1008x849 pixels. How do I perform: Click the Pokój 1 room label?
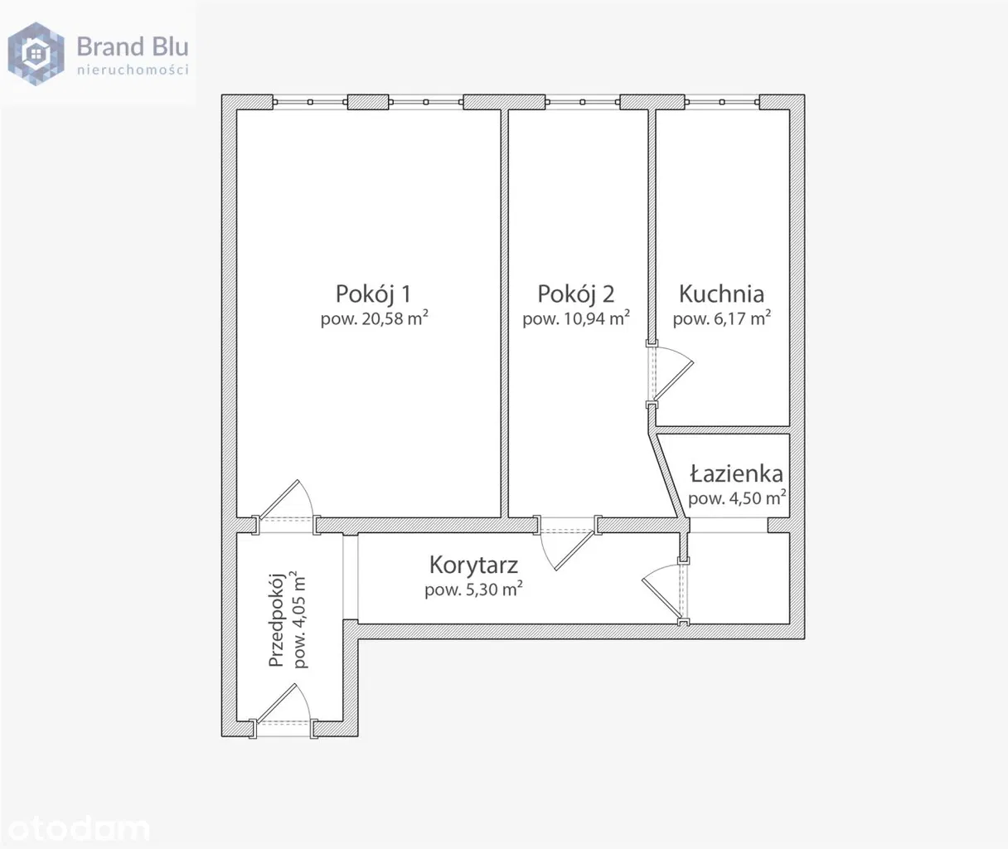click(373, 294)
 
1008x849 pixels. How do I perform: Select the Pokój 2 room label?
click(576, 294)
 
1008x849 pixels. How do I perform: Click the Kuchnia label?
click(722, 294)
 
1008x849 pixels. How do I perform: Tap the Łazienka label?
click(737, 473)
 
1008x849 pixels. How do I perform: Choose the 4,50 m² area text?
click(758, 498)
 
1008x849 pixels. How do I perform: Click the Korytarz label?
click(473, 565)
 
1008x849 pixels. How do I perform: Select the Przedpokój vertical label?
click(277, 620)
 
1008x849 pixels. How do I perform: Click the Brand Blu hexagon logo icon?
click(36, 54)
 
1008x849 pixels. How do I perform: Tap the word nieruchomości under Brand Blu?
click(133, 70)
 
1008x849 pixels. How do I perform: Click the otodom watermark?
click(79, 828)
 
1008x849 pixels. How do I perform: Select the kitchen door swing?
click(672, 373)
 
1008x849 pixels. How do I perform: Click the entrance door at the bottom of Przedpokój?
click(283, 711)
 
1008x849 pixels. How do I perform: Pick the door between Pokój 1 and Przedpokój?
click(286, 507)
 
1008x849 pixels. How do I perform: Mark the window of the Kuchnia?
click(722, 102)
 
